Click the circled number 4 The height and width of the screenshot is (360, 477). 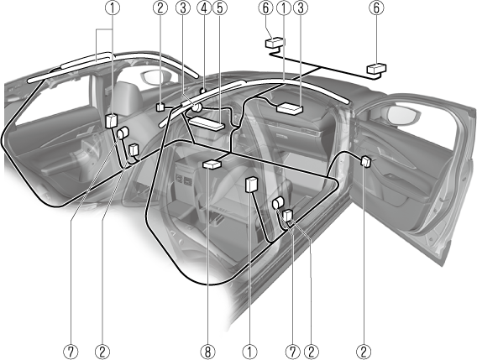pyautogui.click(x=204, y=8)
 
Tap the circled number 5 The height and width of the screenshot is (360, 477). pyautogui.click(x=220, y=8)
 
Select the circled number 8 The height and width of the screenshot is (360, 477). pyautogui.click(x=207, y=352)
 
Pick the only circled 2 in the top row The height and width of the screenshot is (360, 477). pyautogui.click(x=160, y=8)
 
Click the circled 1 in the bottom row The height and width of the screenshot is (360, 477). pyautogui.click(x=249, y=352)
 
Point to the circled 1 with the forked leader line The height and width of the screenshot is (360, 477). pyautogui.click(x=113, y=8)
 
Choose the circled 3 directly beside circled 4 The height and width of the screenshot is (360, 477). pyautogui.click(x=183, y=8)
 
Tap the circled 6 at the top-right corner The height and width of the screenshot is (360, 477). pyautogui.click(x=376, y=8)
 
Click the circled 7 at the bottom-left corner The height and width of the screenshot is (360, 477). pyautogui.click(x=71, y=352)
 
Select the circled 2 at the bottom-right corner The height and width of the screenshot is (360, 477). pyautogui.click(x=364, y=352)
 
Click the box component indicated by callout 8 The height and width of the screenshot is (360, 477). pyautogui.click(x=212, y=164)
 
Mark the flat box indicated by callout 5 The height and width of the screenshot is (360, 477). pyautogui.click(x=207, y=123)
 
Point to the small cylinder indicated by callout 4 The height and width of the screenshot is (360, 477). pyautogui.click(x=203, y=91)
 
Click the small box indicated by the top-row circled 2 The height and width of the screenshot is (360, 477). pyautogui.click(x=160, y=107)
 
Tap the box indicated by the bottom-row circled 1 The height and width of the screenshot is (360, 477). pyautogui.click(x=251, y=185)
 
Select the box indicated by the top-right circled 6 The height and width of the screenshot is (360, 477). pyautogui.click(x=376, y=69)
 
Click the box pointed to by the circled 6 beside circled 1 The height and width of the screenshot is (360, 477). pyautogui.click(x=275, y=43)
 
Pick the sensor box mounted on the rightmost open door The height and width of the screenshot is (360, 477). pyautogui.click(x=365, y=161)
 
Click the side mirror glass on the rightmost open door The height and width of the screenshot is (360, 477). pyautogui.click(x=402, y=116)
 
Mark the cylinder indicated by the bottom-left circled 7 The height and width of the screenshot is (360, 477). pyautogui.click(x=123, y=133)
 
